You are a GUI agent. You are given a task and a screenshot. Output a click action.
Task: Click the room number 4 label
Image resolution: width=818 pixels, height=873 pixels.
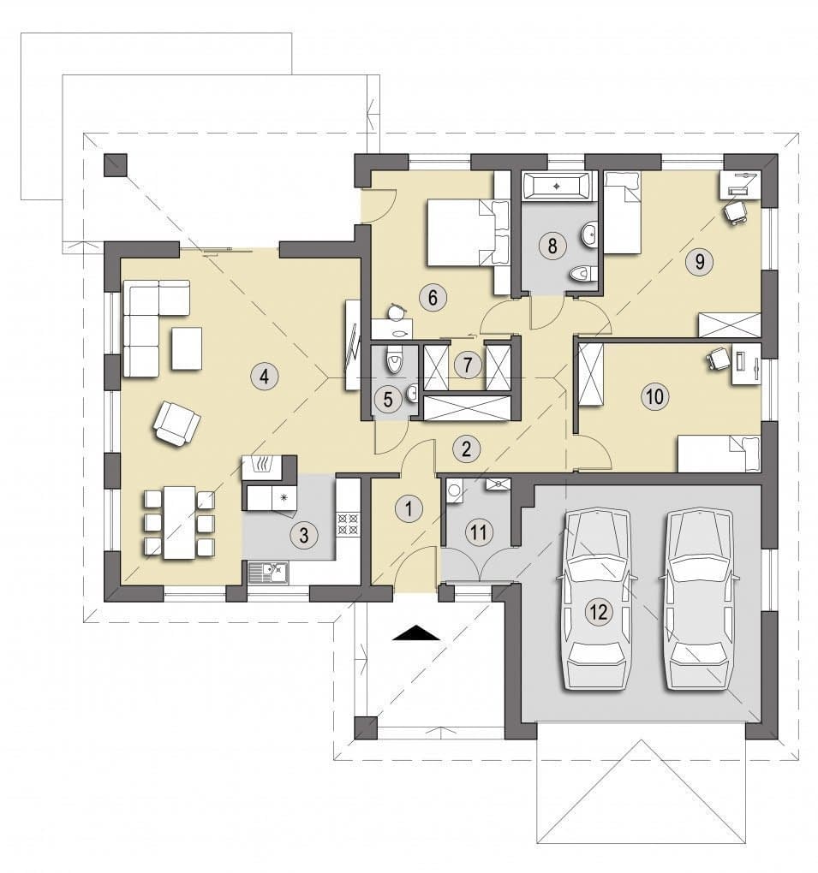point(264,377)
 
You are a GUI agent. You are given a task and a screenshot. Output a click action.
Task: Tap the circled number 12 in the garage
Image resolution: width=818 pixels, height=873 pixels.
point(599,613)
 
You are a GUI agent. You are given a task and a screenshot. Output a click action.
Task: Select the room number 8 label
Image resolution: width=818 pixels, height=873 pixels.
point(552,245)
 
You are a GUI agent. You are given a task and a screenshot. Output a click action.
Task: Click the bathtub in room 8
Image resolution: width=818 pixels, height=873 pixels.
point(556,186)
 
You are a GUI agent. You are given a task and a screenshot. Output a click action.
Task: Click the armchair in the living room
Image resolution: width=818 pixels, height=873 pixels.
point(176,424)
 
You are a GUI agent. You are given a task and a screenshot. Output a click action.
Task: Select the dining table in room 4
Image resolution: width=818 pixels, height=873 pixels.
point(179,523)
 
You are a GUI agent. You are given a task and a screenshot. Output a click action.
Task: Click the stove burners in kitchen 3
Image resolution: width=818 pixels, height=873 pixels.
point(349,523)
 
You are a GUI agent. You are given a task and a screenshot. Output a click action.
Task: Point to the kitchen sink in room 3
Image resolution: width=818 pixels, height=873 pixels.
point(267,573)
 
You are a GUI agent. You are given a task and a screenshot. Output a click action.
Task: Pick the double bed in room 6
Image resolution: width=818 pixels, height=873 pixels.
point(469,234)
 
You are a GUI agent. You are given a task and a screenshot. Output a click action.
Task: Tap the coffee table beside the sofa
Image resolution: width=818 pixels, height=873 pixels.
point(187,348)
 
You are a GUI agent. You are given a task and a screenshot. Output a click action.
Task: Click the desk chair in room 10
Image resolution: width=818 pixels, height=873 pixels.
point(719,359)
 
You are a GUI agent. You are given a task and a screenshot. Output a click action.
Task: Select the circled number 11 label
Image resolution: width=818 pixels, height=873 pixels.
point(479,532)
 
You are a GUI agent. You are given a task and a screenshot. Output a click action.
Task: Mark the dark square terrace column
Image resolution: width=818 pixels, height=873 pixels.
point(116,165)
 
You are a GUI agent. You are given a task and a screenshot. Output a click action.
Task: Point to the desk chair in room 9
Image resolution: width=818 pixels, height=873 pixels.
point(735,211)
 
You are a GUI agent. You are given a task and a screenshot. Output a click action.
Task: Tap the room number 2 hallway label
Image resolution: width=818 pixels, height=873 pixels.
point(467,448)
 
